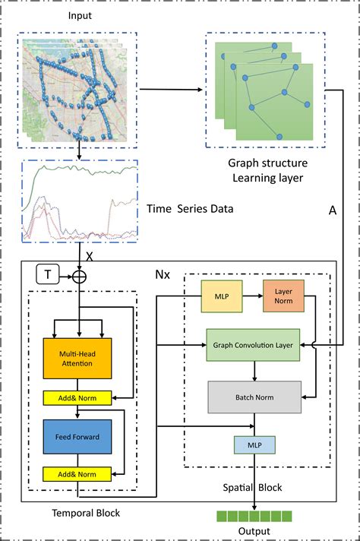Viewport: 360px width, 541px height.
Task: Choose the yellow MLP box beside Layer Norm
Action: tap(221, 295)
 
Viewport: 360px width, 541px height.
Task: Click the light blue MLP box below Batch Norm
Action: tap(254, 445)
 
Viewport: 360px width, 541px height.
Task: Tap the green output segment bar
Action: tap(254, 517)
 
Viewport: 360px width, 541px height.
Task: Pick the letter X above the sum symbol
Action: tap(89, 257)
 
